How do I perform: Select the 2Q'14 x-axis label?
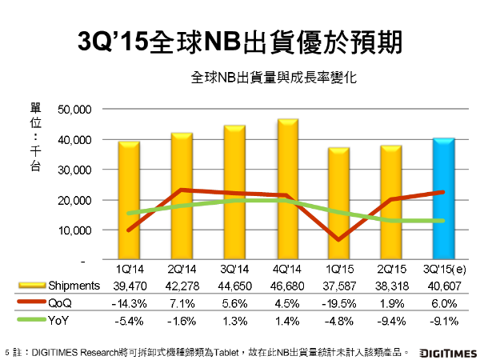pos(181,270)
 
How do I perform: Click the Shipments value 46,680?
pos(286,286)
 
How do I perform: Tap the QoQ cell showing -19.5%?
pos(338,303)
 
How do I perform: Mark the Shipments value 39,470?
pos(128,286)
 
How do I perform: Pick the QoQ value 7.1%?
pos(181,303)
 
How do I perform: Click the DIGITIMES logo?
pos(445,350)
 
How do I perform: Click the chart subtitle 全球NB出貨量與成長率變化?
pos(273,79)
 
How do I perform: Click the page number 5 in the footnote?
pos(7,350)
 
